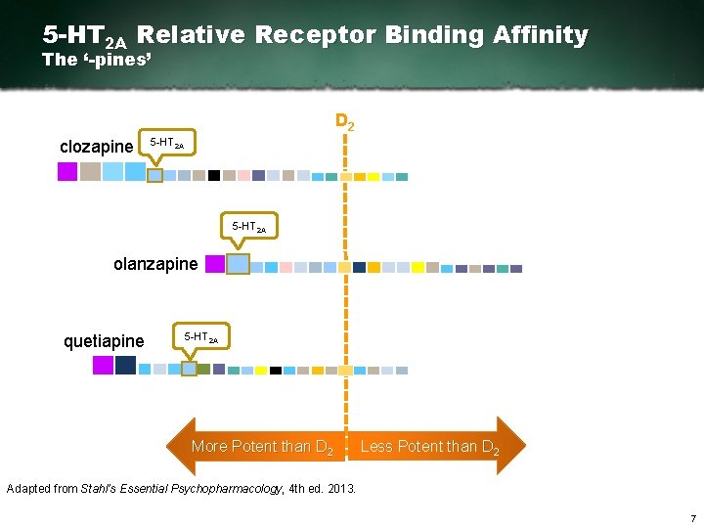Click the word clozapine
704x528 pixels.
[96, 147]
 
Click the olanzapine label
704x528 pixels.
[155, 264]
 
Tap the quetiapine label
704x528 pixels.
[103, 341]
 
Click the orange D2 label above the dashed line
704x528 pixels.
[344, 122]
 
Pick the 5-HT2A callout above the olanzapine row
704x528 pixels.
[248, 227]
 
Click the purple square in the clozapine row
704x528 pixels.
[67, 172]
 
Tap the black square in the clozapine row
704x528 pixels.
[213, 176]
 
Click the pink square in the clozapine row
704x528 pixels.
[243, 176]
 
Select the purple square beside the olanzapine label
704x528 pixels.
[214, 264]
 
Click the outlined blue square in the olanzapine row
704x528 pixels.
[239, 264]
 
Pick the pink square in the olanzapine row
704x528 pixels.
[286, 267]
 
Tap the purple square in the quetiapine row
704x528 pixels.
[103, 365]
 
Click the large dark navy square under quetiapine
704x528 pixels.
[126, 365]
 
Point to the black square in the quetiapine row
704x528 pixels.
[276, 371]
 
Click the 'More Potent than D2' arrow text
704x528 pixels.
[262, 447]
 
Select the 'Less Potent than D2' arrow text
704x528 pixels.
[429, 447]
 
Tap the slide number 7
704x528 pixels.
[692, 518]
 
